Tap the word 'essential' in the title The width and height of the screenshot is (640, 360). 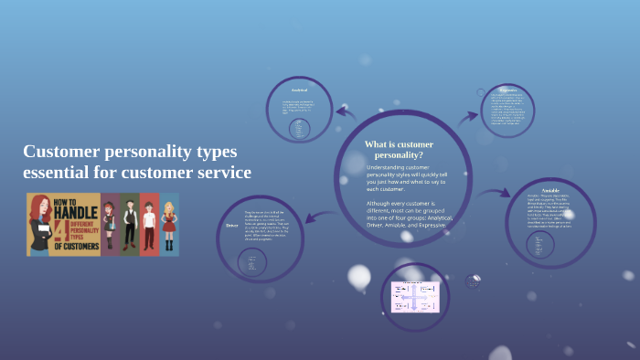click(x=57, y=172)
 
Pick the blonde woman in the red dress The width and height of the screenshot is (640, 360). click(x=168, y=225)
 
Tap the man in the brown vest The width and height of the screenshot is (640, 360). click(x=129, y=225)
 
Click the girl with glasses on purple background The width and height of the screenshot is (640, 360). click(x=110, y=225)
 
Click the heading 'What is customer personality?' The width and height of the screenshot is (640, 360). click(x=399, y=150)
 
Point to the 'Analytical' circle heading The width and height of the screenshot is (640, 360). click(x=300, y=90)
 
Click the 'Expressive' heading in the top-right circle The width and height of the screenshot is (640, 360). click(x=508, y=90)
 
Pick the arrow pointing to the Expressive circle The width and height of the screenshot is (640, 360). click(x=468, y=116)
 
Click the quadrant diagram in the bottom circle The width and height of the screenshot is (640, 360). click(x=415, y=296)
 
